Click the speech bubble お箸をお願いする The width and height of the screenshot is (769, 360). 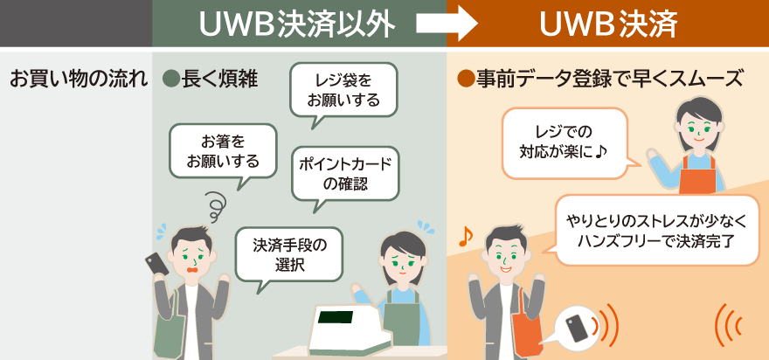[x=223, y=150]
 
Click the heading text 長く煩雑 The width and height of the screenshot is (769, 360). [x=218, y=79]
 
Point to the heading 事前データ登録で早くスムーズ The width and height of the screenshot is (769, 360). [x=610, y=79]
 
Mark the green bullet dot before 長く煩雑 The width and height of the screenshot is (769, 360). [x=171, y=79]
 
